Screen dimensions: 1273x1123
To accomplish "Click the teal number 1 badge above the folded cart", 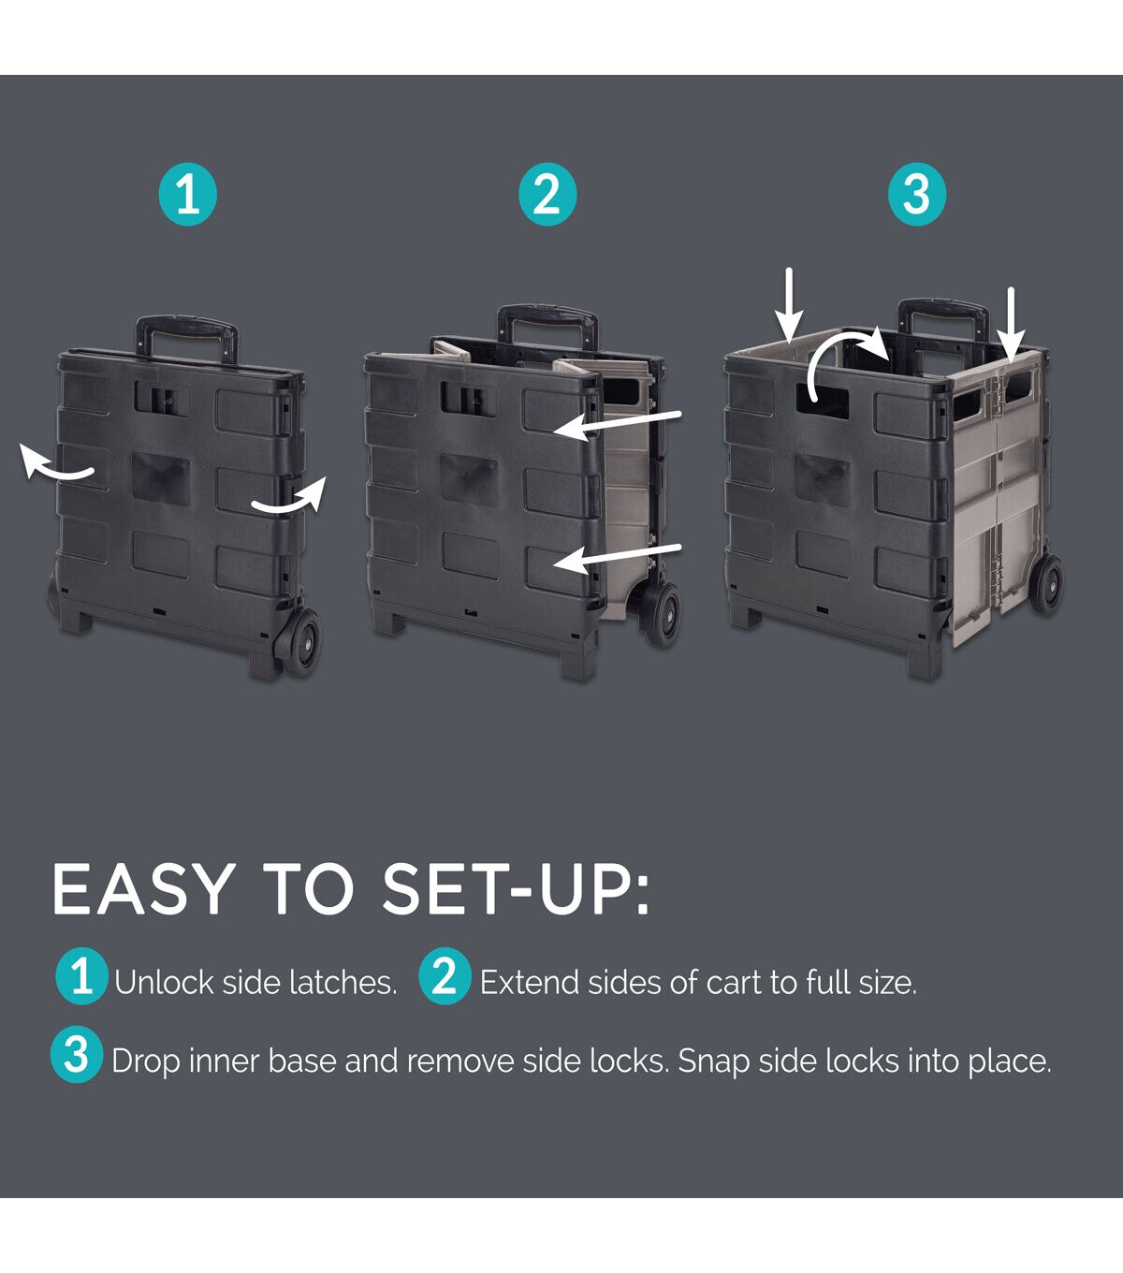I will tap(188, 196).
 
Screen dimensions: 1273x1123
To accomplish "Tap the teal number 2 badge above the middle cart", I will tap(547, 196).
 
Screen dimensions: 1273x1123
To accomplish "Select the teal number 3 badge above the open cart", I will tap(917, 196).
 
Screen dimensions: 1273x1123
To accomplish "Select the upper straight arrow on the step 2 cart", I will tap(618, 423).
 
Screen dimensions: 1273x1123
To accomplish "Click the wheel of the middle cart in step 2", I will tap(663, 613).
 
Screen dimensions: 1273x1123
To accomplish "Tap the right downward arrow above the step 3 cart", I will tap(1011, 323).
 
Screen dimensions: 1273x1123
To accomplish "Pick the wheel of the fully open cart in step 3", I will tap(1047, 584).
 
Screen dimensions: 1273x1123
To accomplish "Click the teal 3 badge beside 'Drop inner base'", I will tap(77, 1056).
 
